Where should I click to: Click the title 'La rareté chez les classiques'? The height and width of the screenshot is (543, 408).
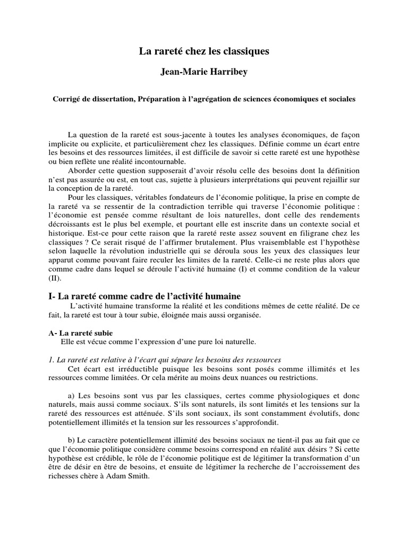coord(204,51)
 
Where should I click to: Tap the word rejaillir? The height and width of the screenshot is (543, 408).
coord(334,180)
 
